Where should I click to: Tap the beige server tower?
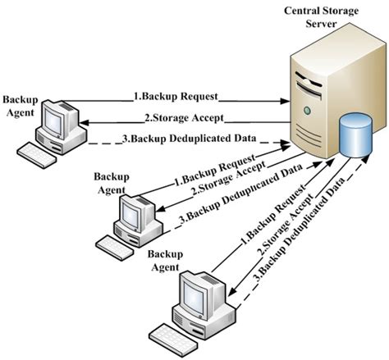point(316,98)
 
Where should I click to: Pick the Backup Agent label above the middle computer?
point(111,182)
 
